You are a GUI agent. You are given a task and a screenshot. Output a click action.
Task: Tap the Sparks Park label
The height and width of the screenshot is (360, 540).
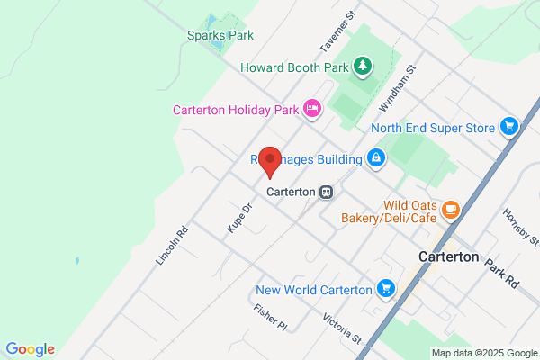click(220, 35)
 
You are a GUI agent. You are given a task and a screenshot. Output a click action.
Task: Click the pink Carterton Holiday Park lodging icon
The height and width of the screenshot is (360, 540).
click(311, 109)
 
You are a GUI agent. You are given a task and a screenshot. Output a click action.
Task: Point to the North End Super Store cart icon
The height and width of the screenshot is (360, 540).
click(509, 127)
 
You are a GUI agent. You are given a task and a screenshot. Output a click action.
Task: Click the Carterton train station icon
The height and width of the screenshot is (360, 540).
click(326, 192)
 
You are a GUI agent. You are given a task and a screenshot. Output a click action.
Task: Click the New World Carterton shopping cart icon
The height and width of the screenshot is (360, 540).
click(386, 289)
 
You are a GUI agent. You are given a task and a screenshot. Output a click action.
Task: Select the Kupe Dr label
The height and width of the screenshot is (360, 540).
click(238, 218)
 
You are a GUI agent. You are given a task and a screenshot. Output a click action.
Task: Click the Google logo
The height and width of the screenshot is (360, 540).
click(30, 349)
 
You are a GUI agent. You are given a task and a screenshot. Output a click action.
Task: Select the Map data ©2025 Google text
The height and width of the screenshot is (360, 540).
click(482, 352)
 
